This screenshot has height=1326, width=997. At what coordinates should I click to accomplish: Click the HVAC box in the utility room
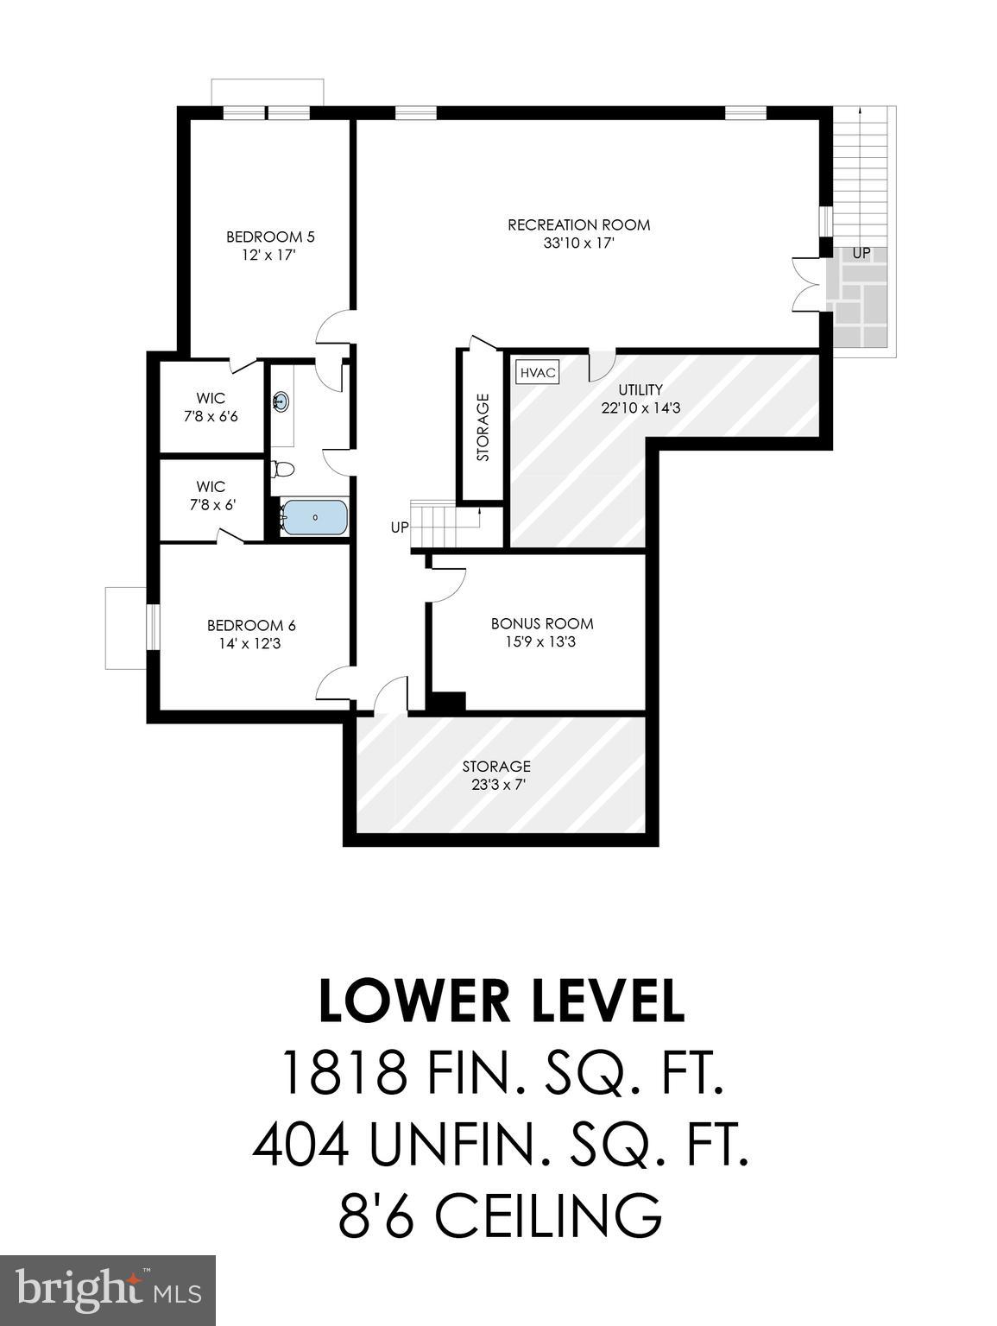537,373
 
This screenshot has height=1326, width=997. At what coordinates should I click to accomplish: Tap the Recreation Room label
578,225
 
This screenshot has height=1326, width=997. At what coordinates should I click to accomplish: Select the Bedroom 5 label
270,237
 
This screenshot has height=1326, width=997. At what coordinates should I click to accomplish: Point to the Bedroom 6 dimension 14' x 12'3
251,643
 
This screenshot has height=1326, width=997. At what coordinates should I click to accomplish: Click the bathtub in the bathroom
314,518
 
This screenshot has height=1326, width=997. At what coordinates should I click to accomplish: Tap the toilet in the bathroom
283,470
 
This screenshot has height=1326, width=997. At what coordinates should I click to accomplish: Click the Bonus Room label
542,623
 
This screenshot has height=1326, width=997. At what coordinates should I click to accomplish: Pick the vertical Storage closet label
483,427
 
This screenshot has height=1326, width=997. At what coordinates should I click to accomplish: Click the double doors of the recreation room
805,283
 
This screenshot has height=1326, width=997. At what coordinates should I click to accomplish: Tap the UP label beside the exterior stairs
861,254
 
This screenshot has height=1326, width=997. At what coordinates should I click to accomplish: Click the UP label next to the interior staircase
399,527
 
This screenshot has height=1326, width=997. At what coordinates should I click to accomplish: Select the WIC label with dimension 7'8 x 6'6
211,398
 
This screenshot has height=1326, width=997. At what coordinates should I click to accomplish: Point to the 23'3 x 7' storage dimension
495,785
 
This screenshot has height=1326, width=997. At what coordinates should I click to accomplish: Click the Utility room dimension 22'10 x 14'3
640,407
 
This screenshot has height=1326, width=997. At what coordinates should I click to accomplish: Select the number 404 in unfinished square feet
300,1145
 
